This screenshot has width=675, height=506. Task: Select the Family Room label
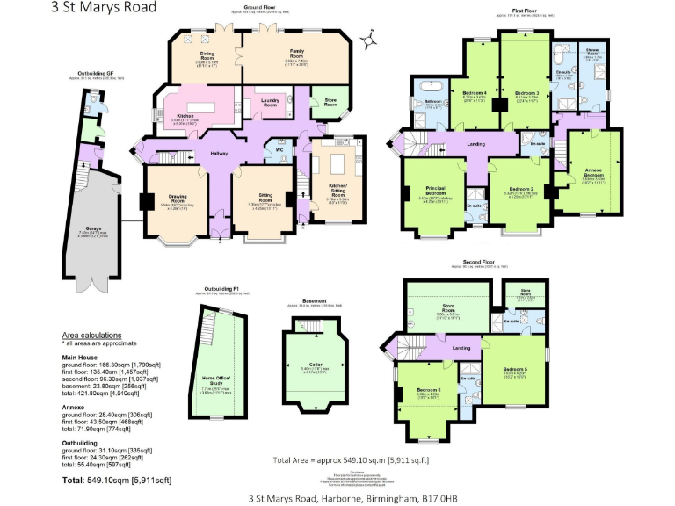(x=291, y=53)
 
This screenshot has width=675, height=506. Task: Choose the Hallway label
(x=219, y=154)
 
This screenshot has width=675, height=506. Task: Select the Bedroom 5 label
(x=514, y=369)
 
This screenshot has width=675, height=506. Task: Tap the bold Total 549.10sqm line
(x=117, y=481)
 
